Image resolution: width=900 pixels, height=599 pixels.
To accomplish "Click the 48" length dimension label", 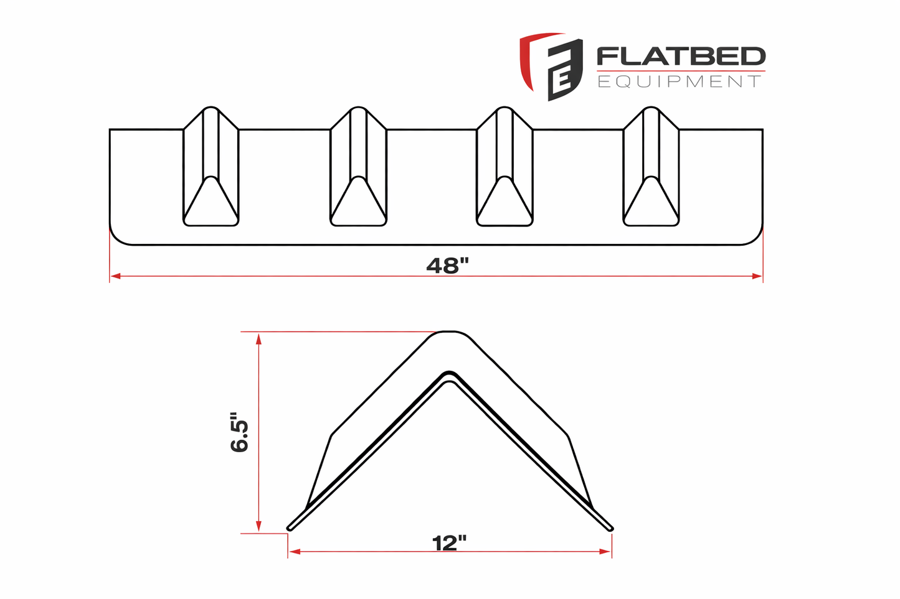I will coord(447,266).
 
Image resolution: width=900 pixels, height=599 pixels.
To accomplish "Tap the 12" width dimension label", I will coord(449,543).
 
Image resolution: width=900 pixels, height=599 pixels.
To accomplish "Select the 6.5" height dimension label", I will coord(239,431).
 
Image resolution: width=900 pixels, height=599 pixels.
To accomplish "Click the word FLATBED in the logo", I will coord(681,57).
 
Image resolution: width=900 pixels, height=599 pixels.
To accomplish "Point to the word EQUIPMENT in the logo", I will coord(679,81).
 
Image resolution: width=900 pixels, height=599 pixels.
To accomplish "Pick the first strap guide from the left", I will coord(211,167).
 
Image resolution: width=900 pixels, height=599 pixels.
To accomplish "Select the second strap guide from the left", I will coord(358,167).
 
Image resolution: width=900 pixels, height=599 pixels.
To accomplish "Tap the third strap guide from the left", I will coord(504,167).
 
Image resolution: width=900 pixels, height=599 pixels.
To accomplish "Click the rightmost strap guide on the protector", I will coord(651,167).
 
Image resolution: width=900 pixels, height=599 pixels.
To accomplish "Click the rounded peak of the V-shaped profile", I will coord(450,335).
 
